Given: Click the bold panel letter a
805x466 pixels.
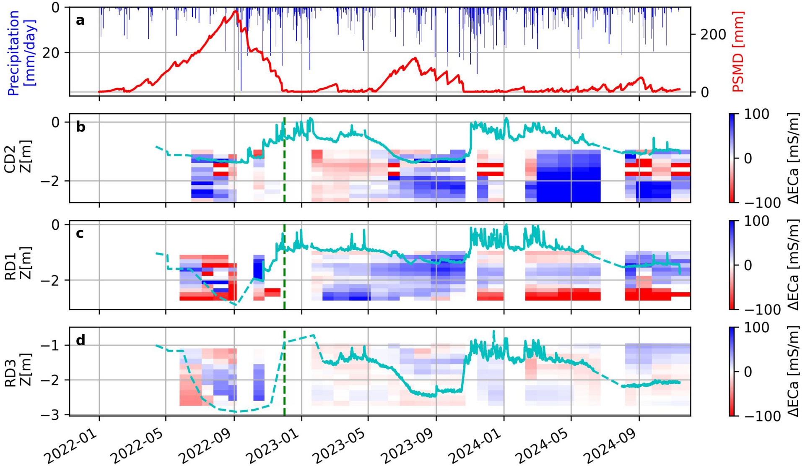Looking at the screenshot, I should [80, 20].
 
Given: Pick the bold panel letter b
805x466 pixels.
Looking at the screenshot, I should [80, 127].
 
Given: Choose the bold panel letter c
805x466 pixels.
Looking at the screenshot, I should [80, 233].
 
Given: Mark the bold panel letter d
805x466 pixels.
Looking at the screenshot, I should [80, 340].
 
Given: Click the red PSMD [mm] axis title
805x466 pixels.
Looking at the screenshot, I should [738, 51].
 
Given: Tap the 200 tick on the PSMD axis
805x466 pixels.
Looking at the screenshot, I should [713, 35].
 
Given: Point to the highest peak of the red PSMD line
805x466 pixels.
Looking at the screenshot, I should [235, 11].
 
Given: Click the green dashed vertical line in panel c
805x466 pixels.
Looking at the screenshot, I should [284, 268].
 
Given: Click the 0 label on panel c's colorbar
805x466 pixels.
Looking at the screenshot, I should [747, 265].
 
